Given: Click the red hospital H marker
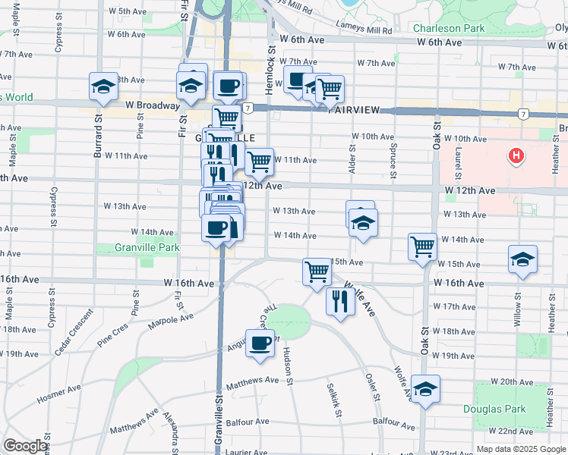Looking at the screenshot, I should tap(517, 157).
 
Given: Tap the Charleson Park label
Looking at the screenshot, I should tap(448, 29).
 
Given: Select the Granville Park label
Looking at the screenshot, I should tap(147, 247).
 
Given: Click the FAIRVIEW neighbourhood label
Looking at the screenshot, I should tap(354, 110).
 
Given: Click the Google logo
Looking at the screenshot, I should tap(25, 446).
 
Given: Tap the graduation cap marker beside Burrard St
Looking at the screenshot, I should tap(103, 86).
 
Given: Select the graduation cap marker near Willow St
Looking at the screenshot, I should tap(523, 259).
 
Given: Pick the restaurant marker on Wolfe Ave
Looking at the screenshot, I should tap(339, 302).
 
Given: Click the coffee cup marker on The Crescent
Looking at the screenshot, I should tap(260, 343).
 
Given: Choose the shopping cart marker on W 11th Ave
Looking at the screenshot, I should tap(260, 161).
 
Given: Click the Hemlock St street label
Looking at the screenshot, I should tap(270, 58).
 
